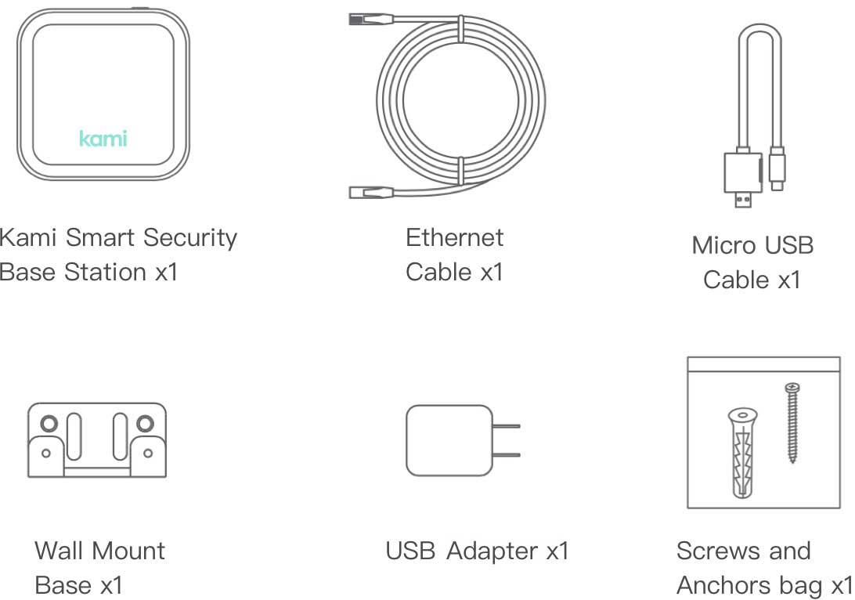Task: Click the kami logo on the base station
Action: pos(103,139)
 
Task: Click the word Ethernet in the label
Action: pos(454,237)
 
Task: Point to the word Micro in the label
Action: pos(719,245)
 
